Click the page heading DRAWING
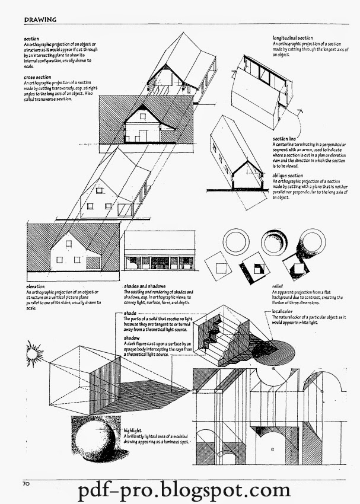pos(40,19)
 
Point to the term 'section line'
pos(285,139)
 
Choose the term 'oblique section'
pos(288,176)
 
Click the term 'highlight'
pos(134,430)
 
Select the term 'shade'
pos(131,312)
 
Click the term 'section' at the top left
pos(31,39)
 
